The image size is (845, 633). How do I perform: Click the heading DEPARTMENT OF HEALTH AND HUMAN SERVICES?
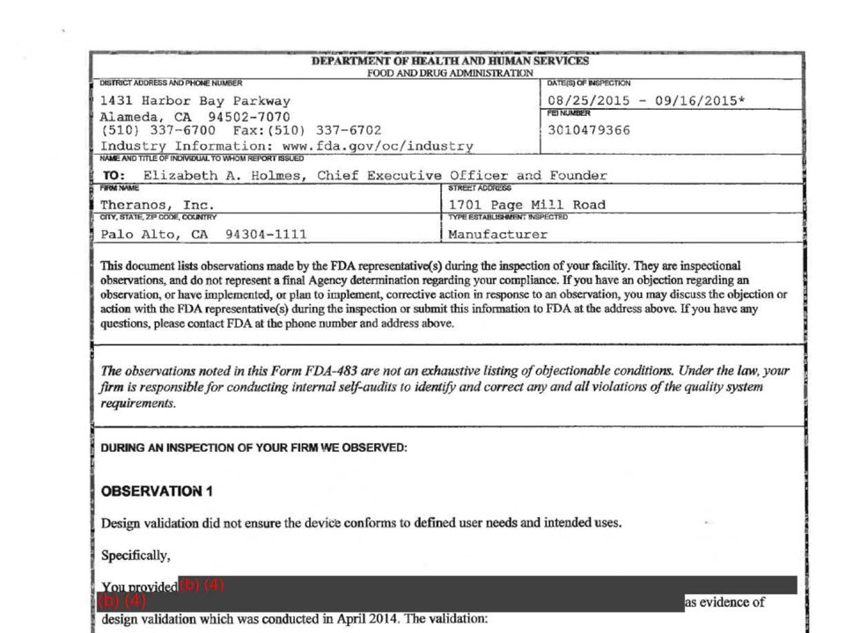point(450,62)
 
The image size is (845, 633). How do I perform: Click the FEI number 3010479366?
point(588,131)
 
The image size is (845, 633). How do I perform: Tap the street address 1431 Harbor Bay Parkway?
point(195,101)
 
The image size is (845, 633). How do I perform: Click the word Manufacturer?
point(497,235)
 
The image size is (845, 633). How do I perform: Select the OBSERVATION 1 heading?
point(157,491)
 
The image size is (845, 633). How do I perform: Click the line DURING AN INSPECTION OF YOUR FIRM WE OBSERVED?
point(254,448)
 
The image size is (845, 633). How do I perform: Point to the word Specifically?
point(136,556)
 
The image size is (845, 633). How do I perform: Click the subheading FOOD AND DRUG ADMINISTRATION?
point(450,73)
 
